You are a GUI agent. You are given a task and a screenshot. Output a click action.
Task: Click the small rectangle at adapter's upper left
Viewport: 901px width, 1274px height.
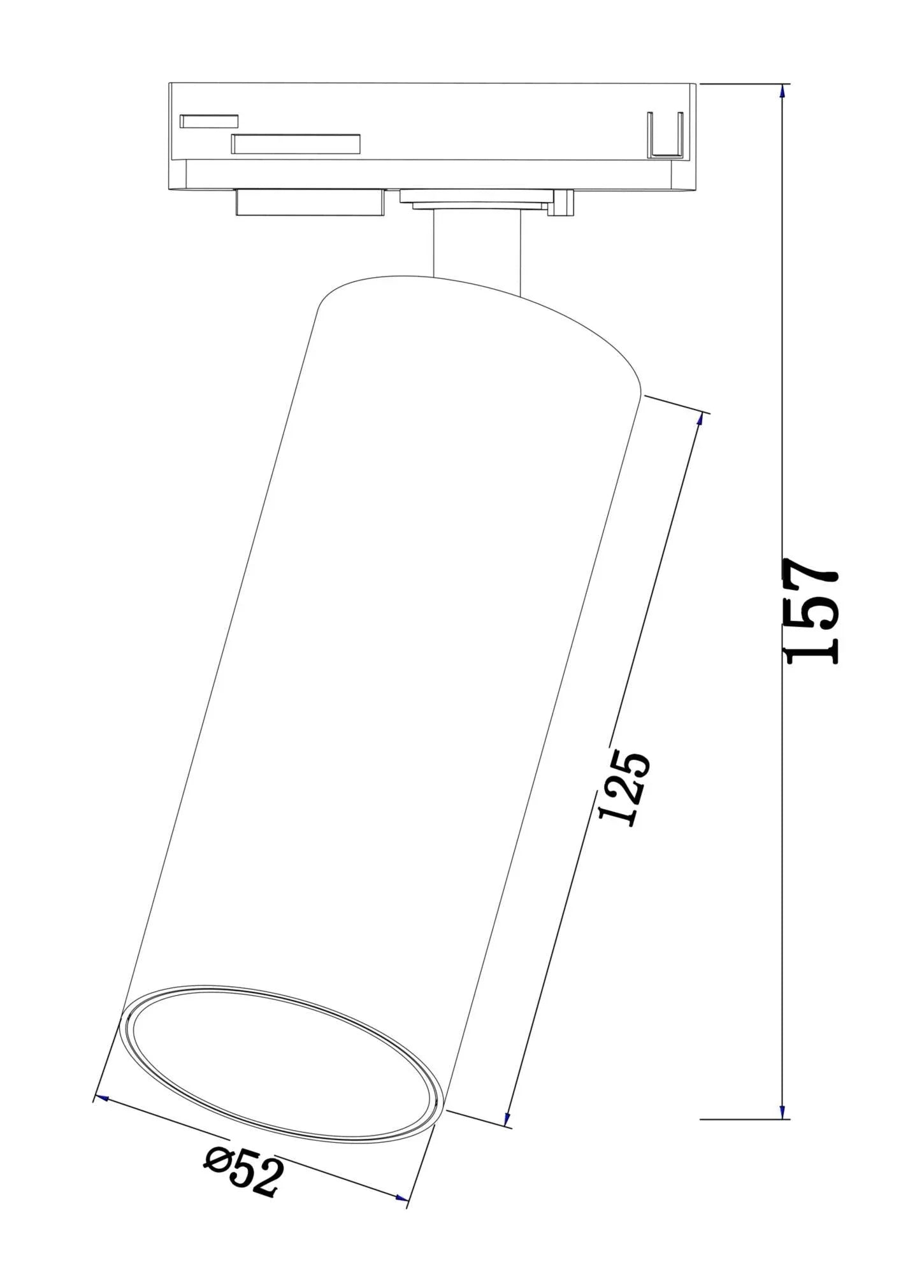209,121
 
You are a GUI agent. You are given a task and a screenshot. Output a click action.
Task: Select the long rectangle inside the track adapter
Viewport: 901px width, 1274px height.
296,144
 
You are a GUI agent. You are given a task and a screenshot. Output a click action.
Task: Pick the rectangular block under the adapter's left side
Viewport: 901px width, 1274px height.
309,203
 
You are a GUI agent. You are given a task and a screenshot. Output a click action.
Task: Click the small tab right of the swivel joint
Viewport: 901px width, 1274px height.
563,203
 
